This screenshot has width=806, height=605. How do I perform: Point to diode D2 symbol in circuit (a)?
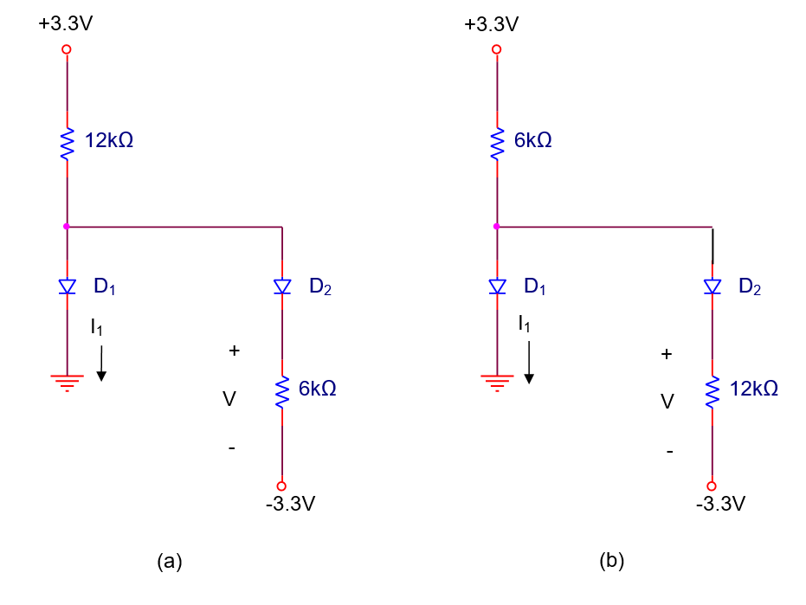click(x=281, y=286)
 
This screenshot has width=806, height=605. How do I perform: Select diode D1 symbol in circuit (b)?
click(x=496, y=286)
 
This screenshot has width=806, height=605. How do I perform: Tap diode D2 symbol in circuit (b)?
click(x=712, y=286)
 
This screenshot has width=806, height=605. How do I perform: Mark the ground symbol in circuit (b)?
click(x=496, y=381)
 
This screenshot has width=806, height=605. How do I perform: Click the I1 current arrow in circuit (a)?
click(x=101, y=363)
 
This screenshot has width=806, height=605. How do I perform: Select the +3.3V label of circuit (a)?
click(x=65, y=24)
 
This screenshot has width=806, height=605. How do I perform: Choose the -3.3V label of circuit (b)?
click(x=720, y=505)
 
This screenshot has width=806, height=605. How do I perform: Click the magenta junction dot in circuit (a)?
click(x=67, y=227)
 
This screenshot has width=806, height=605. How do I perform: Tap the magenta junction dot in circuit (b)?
click(x=496, y=227)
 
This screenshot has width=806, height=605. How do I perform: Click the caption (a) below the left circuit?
click(x=169, y=561)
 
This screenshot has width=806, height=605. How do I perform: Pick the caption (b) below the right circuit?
click(x=611, y=561)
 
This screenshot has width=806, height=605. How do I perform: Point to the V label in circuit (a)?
click(x=229, y=399)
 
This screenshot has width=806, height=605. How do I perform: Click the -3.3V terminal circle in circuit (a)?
click(x=281, y=486)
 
